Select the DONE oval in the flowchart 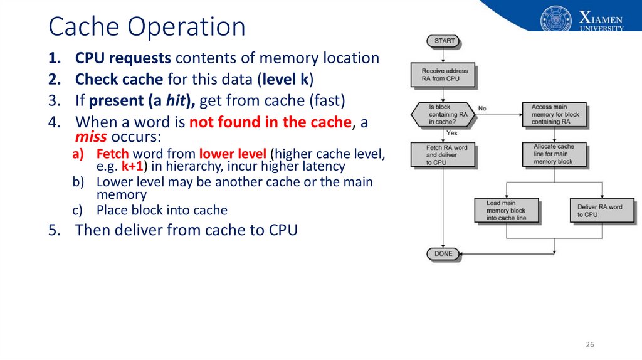443,254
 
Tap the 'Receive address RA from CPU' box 443,75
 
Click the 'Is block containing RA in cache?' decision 443,114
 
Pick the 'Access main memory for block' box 554,114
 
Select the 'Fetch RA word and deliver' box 443,155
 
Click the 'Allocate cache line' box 554,154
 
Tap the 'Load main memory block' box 507,211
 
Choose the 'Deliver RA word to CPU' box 603,211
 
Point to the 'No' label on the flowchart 482,109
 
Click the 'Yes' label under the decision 451,133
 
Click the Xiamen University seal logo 555,19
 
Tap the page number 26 589,344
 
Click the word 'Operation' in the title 186,27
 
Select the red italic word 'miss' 91,136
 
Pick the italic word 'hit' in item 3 176,101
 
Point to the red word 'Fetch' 113,154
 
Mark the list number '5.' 55,230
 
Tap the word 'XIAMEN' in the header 601,18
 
